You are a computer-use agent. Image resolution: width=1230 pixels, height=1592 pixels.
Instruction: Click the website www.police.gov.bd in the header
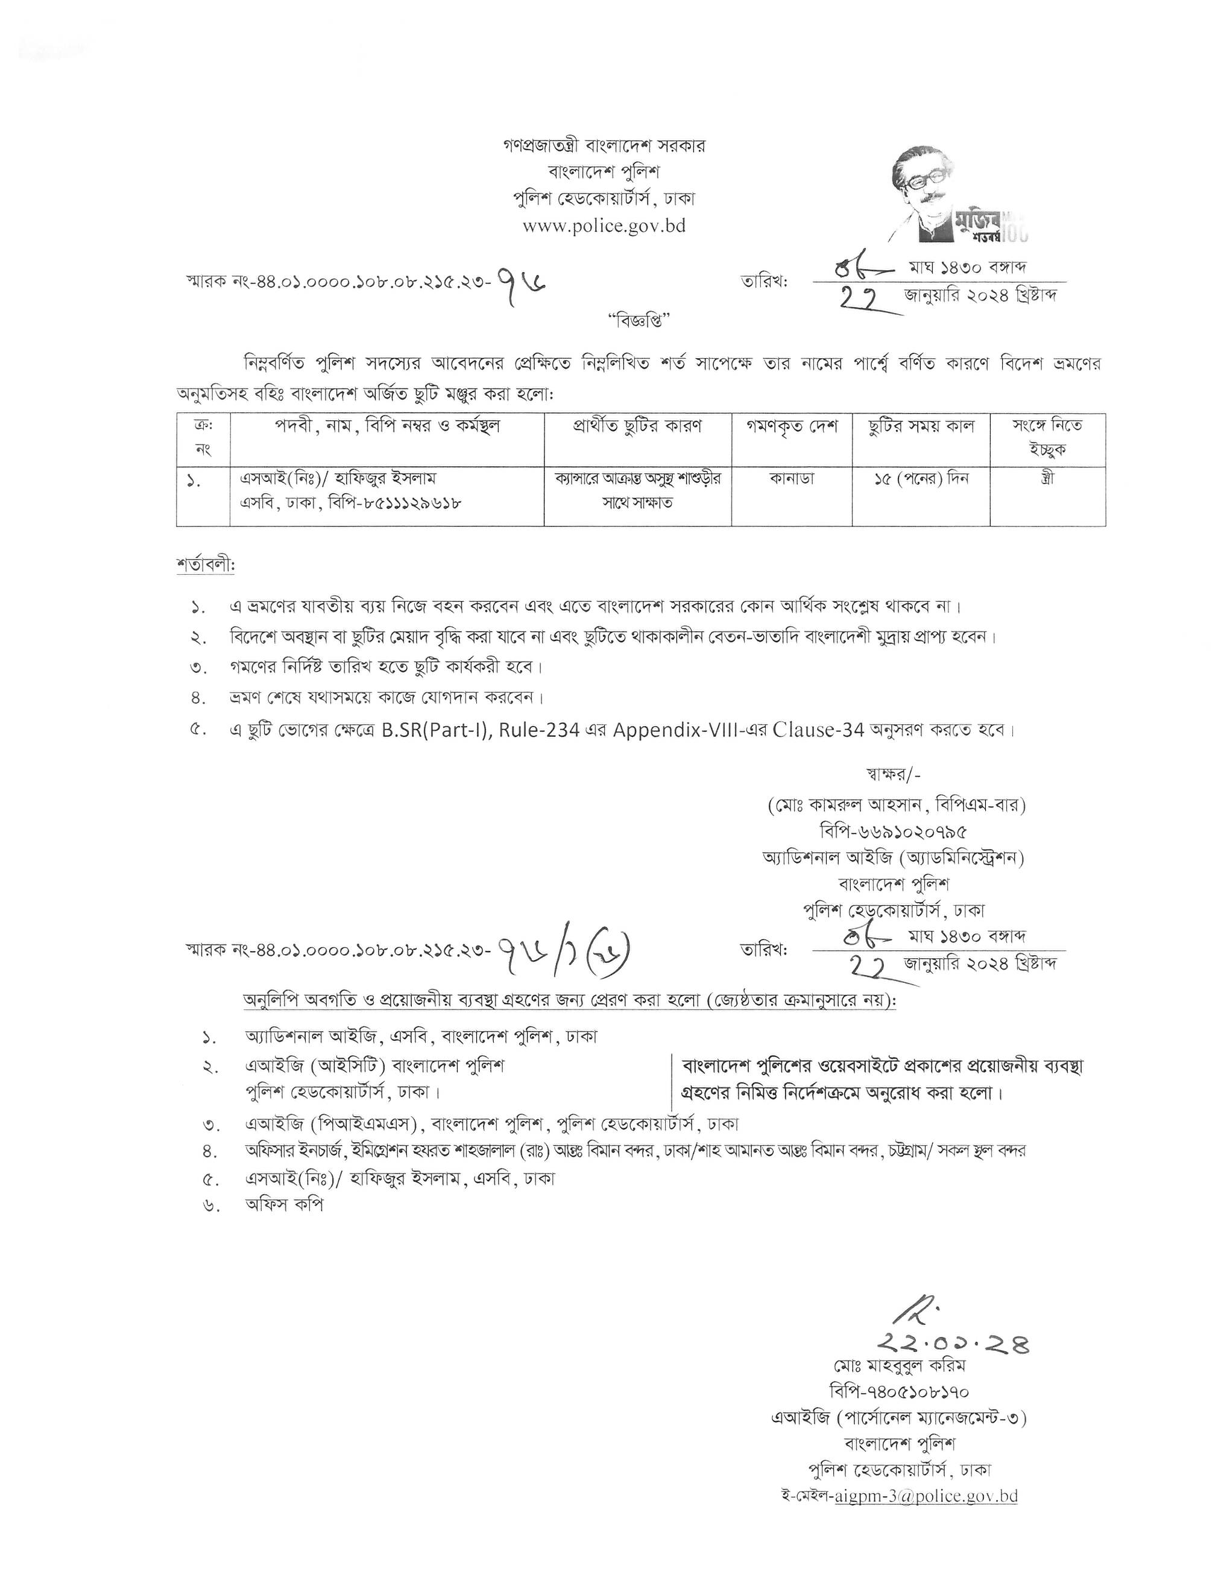pos(604,226)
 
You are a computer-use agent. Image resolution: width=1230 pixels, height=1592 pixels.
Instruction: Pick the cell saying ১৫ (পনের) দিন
pos(921,479)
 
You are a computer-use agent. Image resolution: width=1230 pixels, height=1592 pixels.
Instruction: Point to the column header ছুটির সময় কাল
pos(921,426)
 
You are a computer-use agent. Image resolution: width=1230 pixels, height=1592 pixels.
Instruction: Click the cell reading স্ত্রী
pos(1047,479)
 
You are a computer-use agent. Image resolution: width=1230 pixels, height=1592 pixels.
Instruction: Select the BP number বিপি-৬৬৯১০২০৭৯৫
pos(894,831)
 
